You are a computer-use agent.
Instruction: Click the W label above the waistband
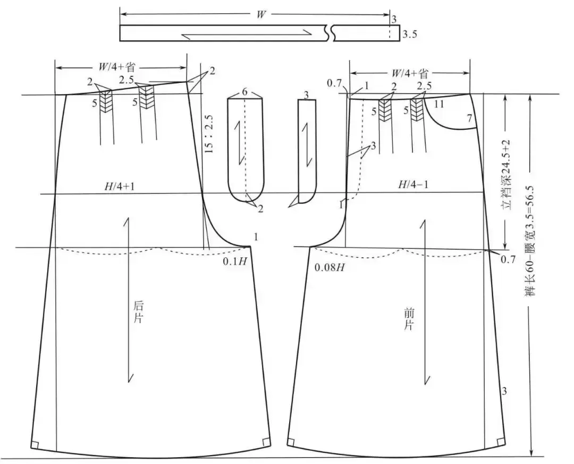pyautogui.click(x=261, y=15)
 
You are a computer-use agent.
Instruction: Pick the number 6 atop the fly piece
pyautogui.click(x=244, y=92)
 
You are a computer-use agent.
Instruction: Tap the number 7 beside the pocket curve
pyautogui.click(x=469, y=119)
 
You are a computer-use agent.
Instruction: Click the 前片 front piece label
pyautogui.click(x=408, y=319)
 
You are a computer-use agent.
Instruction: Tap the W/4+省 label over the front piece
pyautogui.click(x=409, y=73)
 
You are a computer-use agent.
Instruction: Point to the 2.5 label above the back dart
pyautogui.click(x=127, y=79)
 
